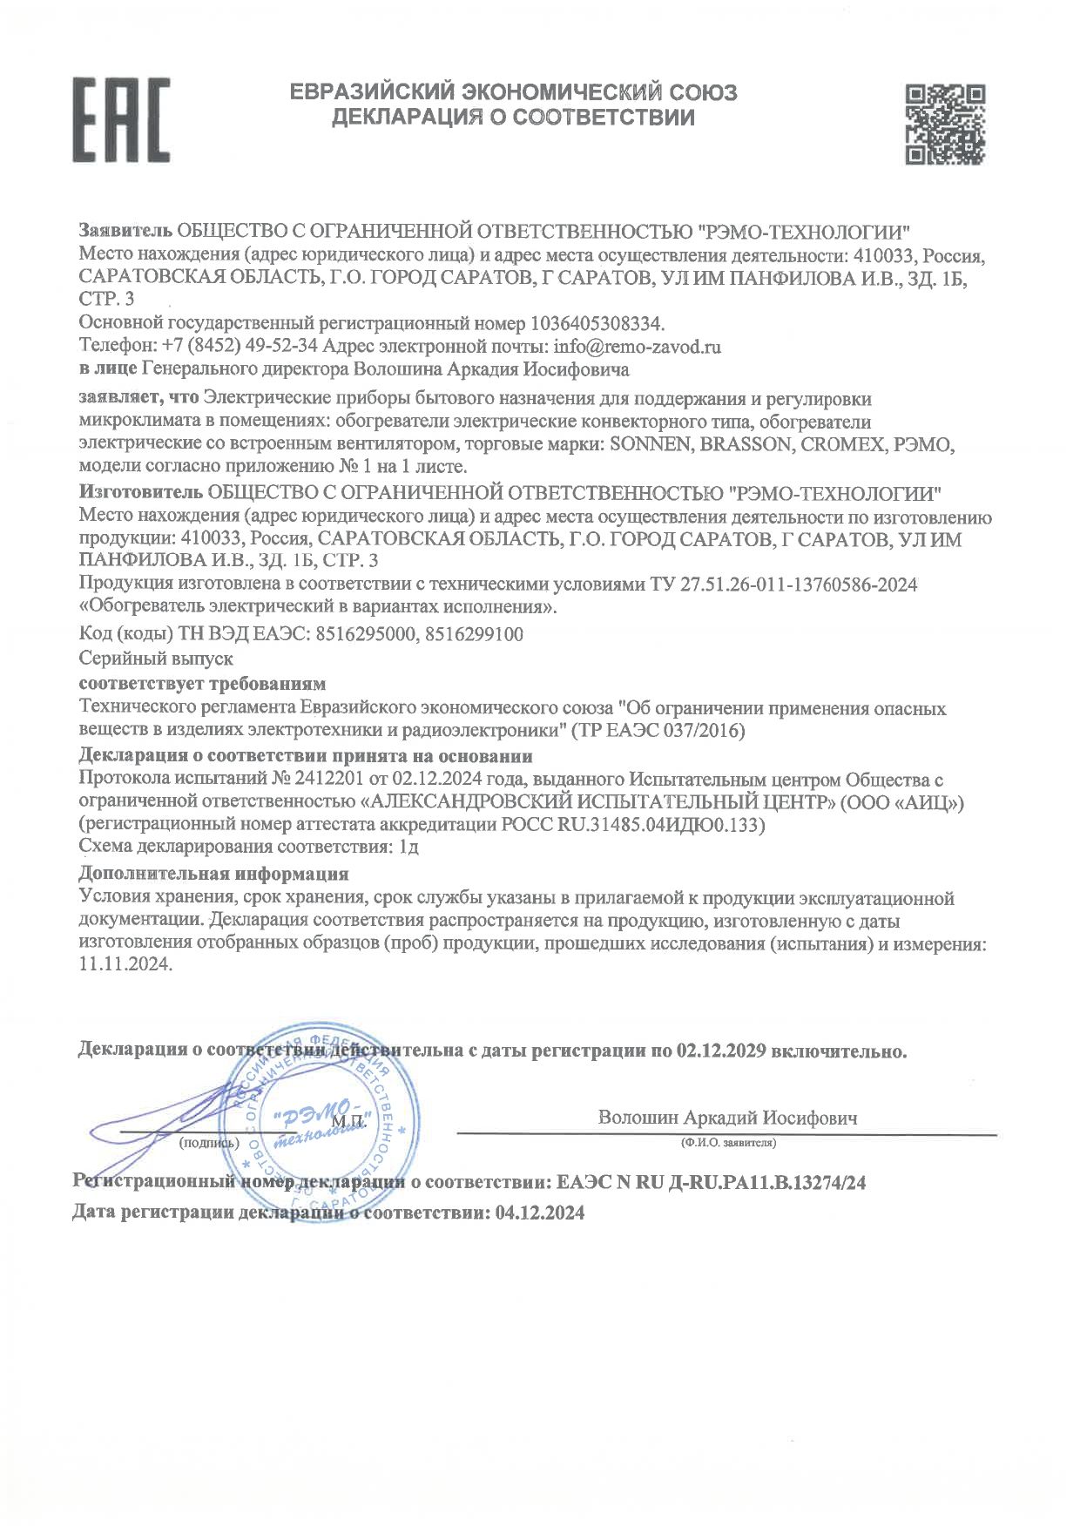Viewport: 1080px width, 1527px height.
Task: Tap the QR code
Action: click(944, 124)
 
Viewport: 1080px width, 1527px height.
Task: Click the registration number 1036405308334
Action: click(597, 324)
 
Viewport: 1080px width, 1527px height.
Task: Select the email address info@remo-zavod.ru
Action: click(637, 347)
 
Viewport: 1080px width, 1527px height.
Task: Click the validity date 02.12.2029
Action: click(720, 1051)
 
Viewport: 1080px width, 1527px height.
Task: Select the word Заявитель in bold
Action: click(125, 232)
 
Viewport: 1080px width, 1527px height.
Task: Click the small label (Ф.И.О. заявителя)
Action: click(728, 1142)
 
